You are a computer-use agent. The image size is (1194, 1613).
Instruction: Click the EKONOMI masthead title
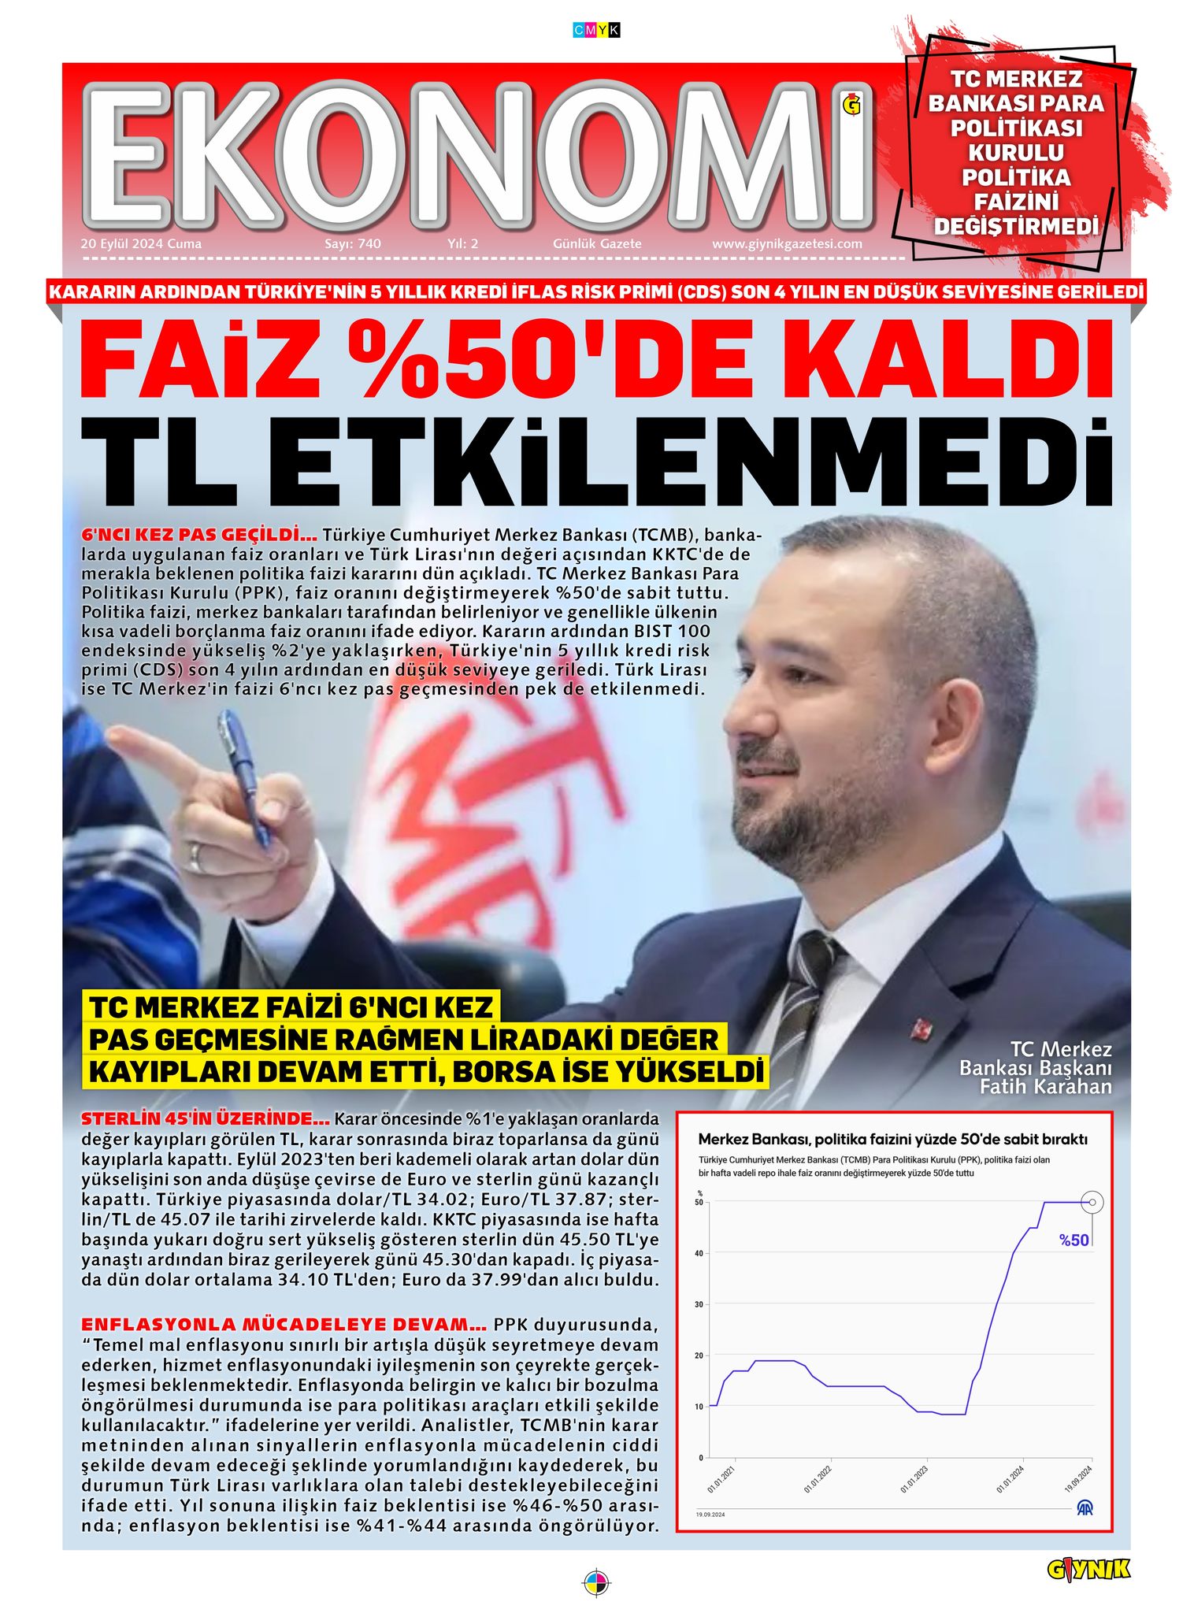click(477, 155)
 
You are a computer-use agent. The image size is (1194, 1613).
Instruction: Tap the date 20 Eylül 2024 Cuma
click(141, 244)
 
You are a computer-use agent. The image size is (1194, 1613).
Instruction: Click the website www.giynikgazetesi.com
click(786, 244)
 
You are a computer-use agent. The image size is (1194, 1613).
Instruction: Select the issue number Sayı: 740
click(352, 244)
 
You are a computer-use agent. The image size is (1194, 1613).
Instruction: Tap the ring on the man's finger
click(195, 857)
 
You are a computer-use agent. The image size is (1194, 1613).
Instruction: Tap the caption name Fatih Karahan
click(1045, 1088)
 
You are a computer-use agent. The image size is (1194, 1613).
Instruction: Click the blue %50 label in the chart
click(1073, 1240)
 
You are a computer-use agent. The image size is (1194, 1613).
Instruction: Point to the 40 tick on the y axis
click(699, 1253)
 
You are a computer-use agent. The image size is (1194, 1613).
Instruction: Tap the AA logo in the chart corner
click(1085, 1508)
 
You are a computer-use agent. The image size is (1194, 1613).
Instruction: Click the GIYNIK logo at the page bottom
click(1088, 1570)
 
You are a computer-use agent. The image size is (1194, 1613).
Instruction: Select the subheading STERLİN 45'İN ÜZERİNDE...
click(205, 1118)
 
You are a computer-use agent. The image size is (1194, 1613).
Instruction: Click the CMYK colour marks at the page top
click(596, 31)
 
